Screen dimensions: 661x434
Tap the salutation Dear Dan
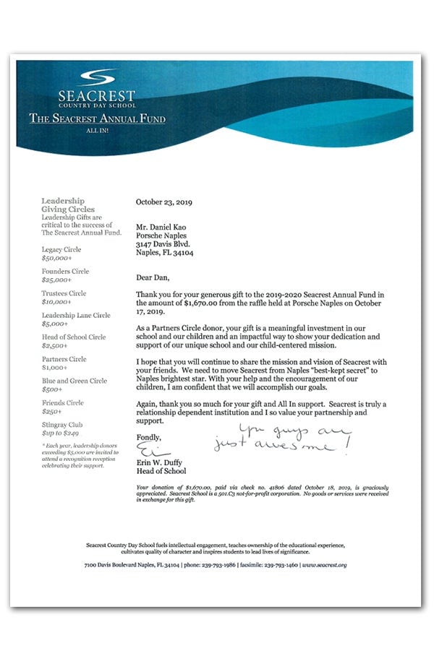click(153, 277)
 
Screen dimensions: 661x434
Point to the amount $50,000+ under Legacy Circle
click(56, 258)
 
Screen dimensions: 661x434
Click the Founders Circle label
click(65, 272)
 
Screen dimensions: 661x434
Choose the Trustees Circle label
click(64, 293)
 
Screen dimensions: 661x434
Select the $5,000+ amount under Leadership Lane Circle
click(55, 324)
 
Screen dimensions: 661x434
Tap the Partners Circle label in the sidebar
click(64, 359)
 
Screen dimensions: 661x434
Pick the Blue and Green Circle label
click(74, 381)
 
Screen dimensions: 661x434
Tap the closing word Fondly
click(149, 438)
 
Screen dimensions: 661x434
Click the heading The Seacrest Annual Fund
click(97, 118)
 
